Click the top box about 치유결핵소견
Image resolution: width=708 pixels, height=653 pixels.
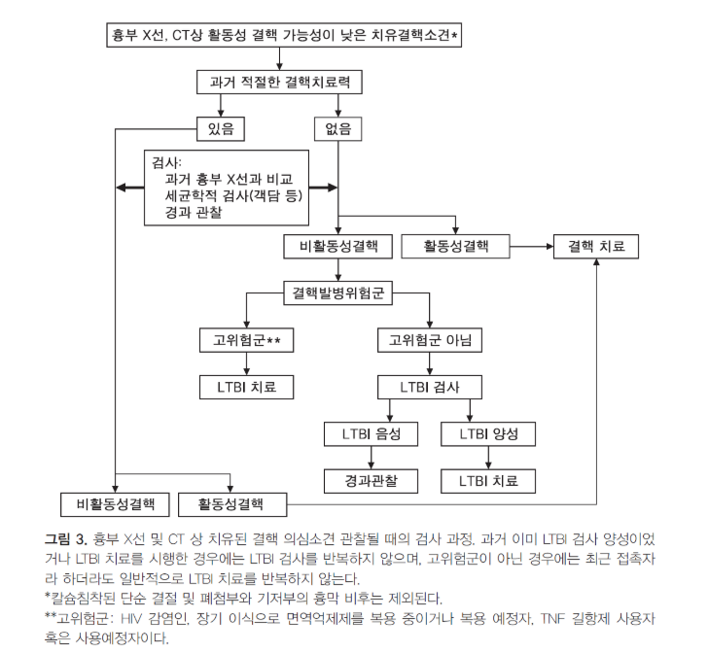284,35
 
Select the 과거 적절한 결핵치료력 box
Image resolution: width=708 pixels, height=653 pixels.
279,83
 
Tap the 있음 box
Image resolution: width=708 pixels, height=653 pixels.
221,129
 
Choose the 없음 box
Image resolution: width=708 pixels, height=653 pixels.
338,129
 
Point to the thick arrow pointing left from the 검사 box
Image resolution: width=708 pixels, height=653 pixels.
130,188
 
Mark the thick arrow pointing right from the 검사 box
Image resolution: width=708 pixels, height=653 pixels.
323,188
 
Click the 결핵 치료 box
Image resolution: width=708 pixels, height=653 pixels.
596,247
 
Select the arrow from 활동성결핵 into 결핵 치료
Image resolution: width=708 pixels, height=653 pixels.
531,247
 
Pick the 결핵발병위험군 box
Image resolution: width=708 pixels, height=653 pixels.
338,292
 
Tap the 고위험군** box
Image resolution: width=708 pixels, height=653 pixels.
247,340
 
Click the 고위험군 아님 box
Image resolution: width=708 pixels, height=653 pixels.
430,340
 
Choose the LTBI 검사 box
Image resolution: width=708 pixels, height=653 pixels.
430,387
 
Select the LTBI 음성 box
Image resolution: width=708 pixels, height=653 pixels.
372,434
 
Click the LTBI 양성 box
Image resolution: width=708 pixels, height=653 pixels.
488,434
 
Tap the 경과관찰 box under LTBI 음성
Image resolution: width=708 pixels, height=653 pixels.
372,481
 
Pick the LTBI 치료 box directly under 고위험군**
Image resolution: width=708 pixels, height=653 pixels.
247,387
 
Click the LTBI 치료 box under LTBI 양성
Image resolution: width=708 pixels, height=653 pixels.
488,481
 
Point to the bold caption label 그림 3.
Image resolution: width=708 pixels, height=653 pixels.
66,539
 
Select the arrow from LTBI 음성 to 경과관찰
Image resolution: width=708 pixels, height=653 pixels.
372,458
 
